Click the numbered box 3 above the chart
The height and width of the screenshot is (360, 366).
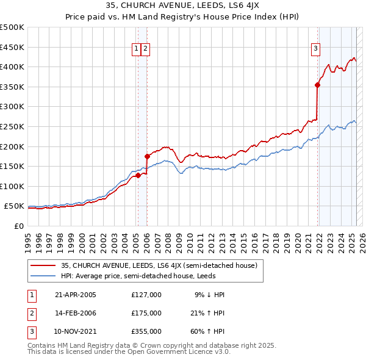coord(316,50)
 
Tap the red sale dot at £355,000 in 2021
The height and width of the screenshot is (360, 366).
coord(318,85)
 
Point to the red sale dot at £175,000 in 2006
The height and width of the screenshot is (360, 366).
coord(147,156)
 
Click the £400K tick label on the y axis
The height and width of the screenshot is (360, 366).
coord(12,67)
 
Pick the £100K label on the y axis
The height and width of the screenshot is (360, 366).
coord(12,186)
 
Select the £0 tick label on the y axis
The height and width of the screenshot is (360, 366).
coord(18,226)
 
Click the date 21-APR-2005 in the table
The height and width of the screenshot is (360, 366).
coord(76,295)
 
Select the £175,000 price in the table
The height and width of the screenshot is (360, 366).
coord(146,313)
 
